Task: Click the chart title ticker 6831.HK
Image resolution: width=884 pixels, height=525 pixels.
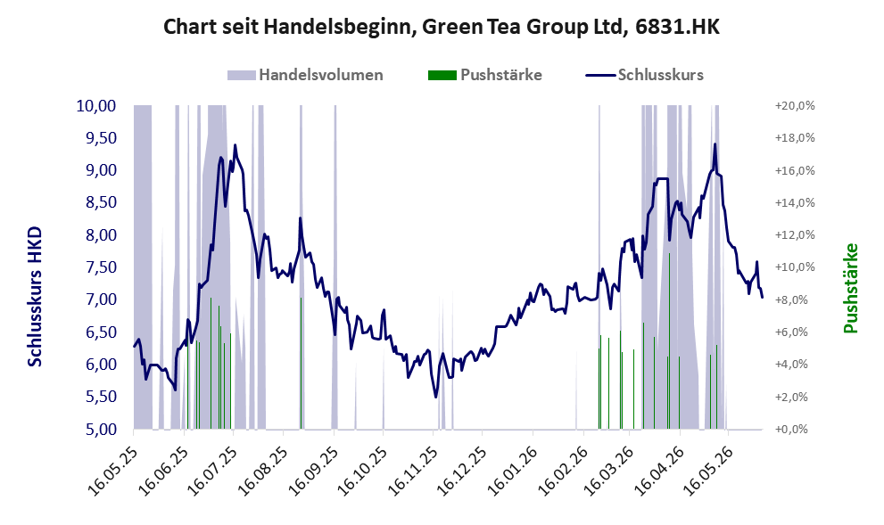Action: (x=677, y=27)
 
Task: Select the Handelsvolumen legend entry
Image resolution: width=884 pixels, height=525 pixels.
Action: (x=305, y=75)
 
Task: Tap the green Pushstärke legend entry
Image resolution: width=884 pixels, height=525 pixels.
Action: (x=485, y=75)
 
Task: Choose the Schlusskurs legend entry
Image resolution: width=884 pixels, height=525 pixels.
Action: (x=644, y=75)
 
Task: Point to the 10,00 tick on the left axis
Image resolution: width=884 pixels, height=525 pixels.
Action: (x=95, y=106)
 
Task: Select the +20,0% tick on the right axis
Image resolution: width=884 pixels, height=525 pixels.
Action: (x=795, y=106)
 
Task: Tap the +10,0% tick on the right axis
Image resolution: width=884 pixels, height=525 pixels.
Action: (x=795, y=267)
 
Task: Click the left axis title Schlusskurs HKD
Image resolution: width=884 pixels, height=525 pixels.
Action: (x=35, y=297)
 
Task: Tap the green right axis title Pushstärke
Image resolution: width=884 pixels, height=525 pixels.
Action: (x=851, y=289)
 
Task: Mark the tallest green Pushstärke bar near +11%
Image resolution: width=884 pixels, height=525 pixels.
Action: (x=669, y=340)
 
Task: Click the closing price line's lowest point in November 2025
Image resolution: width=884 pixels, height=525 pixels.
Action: (x=436, y=398)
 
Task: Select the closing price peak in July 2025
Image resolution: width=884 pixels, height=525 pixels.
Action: (x=235, y=144)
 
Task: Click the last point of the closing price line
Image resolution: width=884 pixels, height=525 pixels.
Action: (x=762, y=297)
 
